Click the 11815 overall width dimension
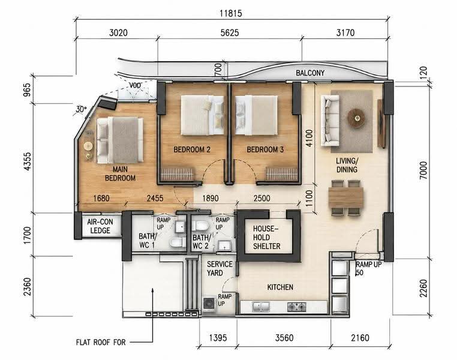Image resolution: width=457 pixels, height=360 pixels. (x=231, y=13)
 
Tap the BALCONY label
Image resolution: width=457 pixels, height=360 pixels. (x=310, y=73)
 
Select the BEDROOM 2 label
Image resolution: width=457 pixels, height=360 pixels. (x=192, y=149)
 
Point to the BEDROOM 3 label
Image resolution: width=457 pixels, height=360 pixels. (x=265, y=149)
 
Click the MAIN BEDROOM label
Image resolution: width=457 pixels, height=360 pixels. (x=120, y=173)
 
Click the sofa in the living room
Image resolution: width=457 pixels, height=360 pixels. (x=330, y=121)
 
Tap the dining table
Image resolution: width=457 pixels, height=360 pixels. (x=346, y=197)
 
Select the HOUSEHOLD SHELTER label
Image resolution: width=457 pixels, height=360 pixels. (x=266, y=237)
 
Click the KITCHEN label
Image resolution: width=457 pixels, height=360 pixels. (x=280, y=287)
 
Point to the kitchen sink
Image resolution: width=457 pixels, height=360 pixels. (x=261, y=307)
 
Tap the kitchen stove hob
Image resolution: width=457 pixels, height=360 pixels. (x=296, y=307)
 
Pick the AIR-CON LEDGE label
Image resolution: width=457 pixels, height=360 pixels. (x=100, y=226)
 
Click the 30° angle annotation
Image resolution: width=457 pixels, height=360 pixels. (x=81, y=109)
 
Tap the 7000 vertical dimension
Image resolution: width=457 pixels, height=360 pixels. (x=423, y=170)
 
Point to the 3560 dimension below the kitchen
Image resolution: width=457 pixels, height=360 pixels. (x=284, y=338)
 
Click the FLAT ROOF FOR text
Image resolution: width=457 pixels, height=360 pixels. (x=101, y=342)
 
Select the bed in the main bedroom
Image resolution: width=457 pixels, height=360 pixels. (x=120, y=140)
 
